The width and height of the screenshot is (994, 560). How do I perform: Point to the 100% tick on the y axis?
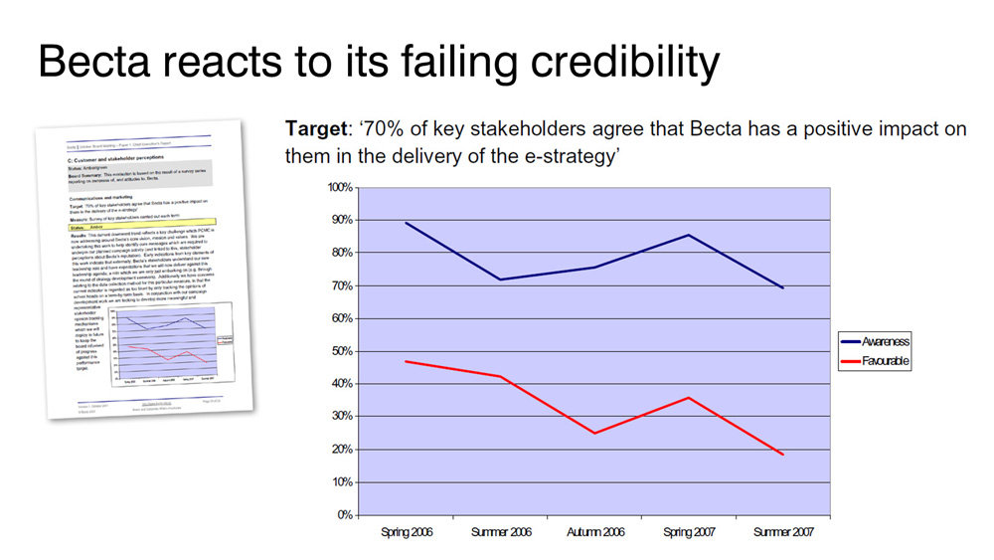[x=339, y=187]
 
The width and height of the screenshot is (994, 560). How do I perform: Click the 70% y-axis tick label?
[x=342, y=285]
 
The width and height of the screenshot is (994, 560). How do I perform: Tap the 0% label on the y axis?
[x=346, y=515]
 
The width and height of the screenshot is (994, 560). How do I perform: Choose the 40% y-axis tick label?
[x=342, y=384]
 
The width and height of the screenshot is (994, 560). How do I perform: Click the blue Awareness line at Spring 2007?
[x=687, y=235]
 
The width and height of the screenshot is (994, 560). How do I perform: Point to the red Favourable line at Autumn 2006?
[x=594, y=433]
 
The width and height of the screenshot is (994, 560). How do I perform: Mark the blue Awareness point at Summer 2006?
[x=501, y=280]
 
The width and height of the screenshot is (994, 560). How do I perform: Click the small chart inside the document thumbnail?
[x=169, y=343]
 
